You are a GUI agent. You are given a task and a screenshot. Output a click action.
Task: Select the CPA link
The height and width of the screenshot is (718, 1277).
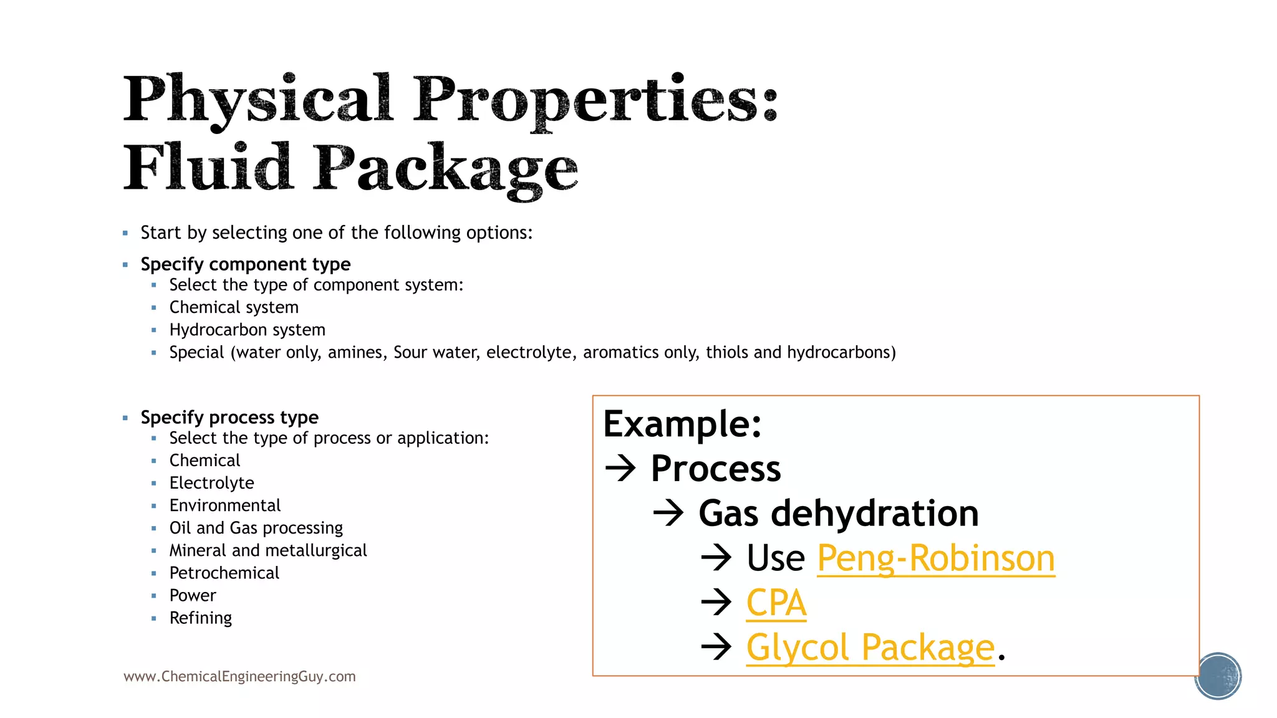pyautogui.click(x=776, y=603)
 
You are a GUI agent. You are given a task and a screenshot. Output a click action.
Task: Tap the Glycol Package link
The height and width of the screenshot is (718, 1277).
pyautogui.click(x=870, y=648)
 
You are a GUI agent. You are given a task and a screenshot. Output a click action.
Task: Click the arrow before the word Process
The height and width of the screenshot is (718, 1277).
pyautogui.click(x=620, y=469)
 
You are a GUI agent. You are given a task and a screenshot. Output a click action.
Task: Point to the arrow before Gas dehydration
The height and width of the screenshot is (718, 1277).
pyautogui.click(x=668, y=514)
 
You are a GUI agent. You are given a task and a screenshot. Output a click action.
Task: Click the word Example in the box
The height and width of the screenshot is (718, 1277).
pyautogui.click(x=682, y=424)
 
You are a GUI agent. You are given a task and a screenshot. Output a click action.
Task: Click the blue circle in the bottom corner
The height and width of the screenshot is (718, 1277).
pyautogui.click(x=1218, y=676)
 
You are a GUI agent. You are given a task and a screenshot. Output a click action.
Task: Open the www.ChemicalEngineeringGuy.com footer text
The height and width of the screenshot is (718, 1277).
pyautogui.click(x=239, y=677)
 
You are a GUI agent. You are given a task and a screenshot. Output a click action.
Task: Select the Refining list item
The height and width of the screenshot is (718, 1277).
pyautogui.click(x=200, y=618)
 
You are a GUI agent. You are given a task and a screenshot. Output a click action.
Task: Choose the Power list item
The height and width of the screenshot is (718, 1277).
pyautogui.click(x=192, y=596)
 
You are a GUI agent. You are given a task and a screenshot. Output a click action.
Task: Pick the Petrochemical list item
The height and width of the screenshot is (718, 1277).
pyautogui.click(x=224, y=573)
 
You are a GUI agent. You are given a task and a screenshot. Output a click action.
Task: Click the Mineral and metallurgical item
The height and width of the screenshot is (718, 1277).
pyautogui.click(x=267, y=551)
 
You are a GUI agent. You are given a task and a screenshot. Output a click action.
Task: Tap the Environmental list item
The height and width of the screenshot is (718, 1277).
pyautogui.click(x=224, y=505)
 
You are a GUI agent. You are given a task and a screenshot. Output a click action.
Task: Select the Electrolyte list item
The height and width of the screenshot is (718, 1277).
pyautogui.click(x=211, y=483)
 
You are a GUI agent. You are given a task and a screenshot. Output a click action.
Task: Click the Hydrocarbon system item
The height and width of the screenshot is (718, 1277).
pyautogui.click(x=247, y=330)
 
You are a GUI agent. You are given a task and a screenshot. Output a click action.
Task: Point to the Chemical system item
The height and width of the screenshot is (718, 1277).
pyautogui.click(x=234, y=307)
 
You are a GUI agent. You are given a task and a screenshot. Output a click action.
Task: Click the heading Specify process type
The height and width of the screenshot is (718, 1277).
pyautogui.click(x=229, y=417)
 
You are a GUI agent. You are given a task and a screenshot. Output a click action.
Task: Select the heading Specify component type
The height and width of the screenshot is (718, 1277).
pyautogui.click(x=245, y=264)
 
